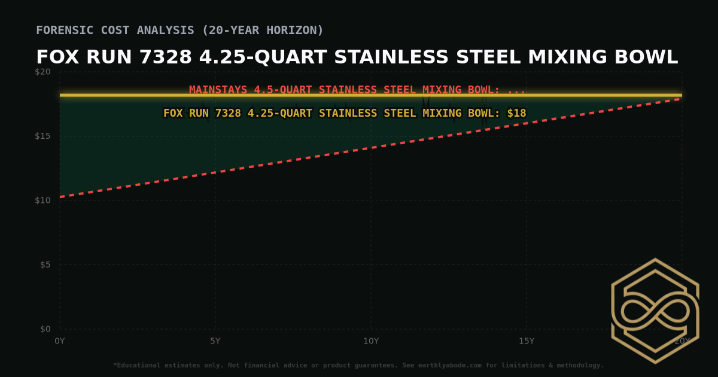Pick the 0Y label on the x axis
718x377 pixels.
click(x=60, y=341)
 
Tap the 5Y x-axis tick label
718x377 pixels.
click(x=215, y=341)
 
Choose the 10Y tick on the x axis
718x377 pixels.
click(x=371, y=341)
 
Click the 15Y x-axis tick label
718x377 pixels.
click(x=527, y=341)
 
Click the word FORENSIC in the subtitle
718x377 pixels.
click(x=65, y=30)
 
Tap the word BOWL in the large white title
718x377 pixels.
click(x=649, y=57)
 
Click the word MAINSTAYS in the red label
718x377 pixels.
click(x=218, y=90)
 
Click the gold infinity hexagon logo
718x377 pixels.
click(x=655, y=311)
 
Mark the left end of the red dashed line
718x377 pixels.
click(x=60, y=197)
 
